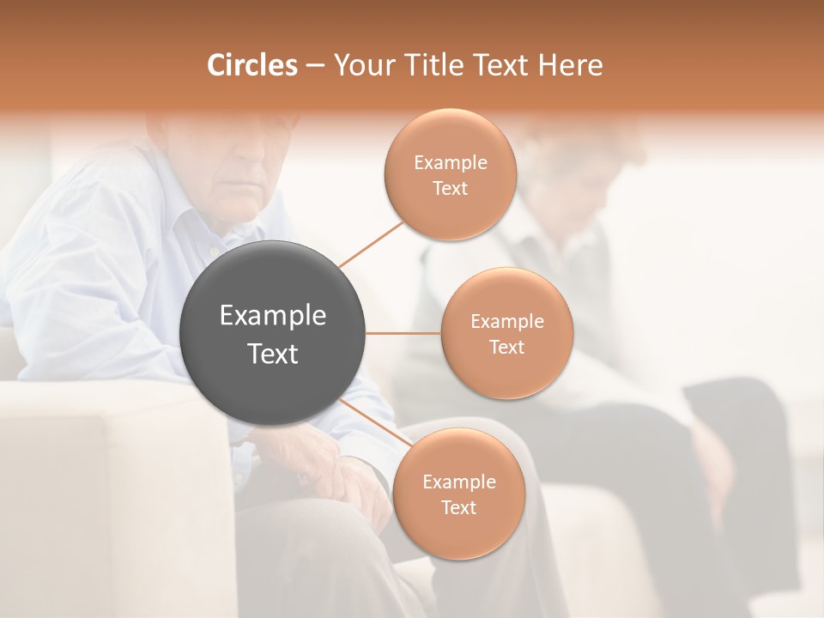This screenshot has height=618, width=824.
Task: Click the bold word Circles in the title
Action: tap(251, 65)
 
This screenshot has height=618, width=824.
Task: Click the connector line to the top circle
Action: tap(371, 242)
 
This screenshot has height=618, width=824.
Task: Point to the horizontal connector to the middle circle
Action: tap(403, 333)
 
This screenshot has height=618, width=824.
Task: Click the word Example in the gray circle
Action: tap(272, 316)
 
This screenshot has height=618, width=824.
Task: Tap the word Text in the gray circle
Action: tap(272, 354)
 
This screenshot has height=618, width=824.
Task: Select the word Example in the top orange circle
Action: tap(450, 162)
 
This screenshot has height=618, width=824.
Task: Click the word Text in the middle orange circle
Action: tap(506, 347)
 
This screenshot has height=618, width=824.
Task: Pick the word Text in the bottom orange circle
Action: tap(458, 507)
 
